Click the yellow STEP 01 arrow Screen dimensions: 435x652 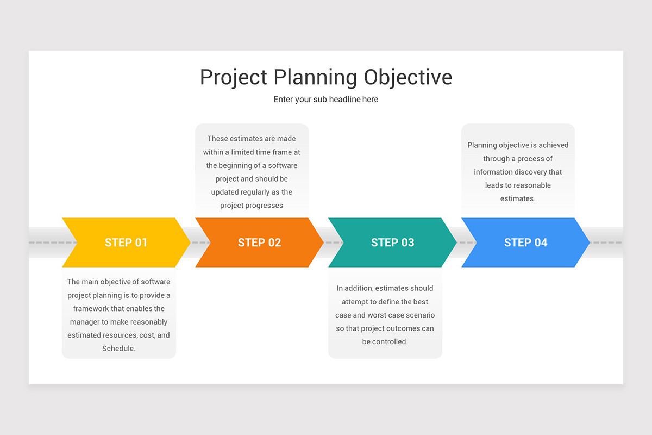click(x=126, y=243)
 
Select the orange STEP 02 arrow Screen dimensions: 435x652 click(x=259, y=243)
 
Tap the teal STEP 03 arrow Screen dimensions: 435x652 click(x=392, y=243)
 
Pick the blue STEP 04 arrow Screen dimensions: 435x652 click(x=525, y=243)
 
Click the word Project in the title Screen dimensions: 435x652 click(x=233, y=77)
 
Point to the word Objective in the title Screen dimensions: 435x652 click(x=407, y=77)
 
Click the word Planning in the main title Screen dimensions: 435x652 click(x=315, y=77)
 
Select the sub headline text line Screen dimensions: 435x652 click(x=326, y=100)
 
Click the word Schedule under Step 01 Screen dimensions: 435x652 click(x=118, y=349)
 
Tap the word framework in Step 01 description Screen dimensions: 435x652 click(x=91, y=309)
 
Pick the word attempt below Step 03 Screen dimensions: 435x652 click(x=355, y=302)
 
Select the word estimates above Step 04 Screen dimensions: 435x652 click(x=517, y=198)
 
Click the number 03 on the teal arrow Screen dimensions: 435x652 click(x=407, y=243)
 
